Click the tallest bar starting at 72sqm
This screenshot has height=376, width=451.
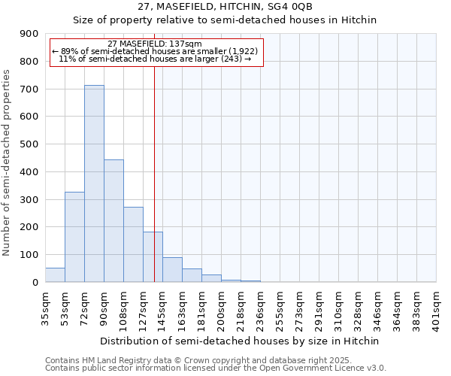(94, 183)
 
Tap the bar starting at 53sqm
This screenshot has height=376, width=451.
(74, 237)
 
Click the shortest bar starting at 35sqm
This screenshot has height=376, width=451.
(55, 275)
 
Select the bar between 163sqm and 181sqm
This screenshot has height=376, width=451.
(192, 275)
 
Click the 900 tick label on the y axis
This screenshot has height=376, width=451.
(29, 34)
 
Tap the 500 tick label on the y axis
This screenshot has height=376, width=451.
(29, 144)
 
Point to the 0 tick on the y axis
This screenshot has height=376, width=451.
(35, 282)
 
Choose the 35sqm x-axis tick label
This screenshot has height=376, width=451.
(45, 307)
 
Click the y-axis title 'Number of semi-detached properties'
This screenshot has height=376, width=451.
(8, 162)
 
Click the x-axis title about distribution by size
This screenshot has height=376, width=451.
(241, 341)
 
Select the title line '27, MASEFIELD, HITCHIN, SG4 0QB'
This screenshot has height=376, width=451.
(225, 7)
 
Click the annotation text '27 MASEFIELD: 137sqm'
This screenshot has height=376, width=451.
(154, 44)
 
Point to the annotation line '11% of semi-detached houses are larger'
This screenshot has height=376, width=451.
(154, 59)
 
